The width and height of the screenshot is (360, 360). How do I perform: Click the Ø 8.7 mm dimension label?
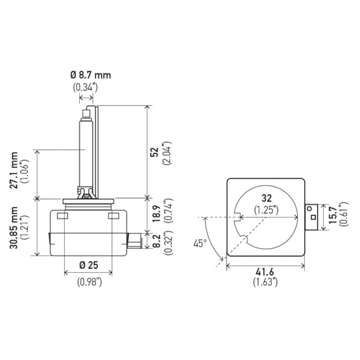click(x=91, y=75)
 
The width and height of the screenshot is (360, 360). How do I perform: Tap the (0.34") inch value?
click(x=85, y=88)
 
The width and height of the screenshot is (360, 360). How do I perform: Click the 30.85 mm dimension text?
click(x=14, y=228)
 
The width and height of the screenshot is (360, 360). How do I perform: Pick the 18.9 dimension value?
click(x=156, y=214)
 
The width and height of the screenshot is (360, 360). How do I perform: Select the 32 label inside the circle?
click(x=267, y=198)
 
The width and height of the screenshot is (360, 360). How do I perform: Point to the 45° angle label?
click(x=200, y=244)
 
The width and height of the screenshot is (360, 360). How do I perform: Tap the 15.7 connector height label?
click(x=333, y=216)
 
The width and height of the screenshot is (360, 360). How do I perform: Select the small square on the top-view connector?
click(x=314, y=217)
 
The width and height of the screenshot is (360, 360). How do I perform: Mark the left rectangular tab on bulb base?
click(x=63, y=216)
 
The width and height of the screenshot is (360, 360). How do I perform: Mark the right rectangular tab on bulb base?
click(x=114, y=216)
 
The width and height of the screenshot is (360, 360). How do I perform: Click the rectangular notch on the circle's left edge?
click(x=237, y=217)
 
